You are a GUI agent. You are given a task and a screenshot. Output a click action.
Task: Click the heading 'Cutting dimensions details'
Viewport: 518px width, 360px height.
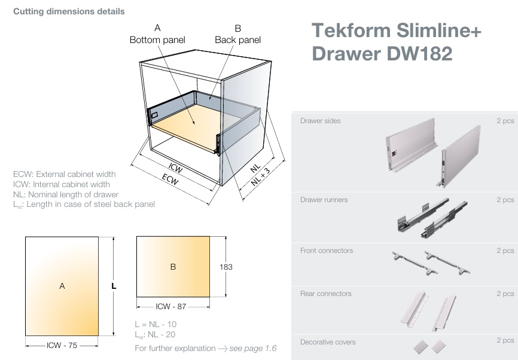pyautogui.click(x=69, y=11)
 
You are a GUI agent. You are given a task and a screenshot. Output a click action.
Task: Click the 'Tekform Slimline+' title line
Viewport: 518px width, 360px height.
pyautogui.click(x=397, y=31)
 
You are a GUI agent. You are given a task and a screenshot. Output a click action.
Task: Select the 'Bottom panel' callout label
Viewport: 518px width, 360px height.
pyautogui.click(x=157, y=39)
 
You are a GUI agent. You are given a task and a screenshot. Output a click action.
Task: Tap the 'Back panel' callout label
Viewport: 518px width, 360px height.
pyautogui.click(x=237, y=39)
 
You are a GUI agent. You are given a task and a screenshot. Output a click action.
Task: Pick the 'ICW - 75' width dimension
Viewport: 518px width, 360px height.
pyautogui.click(x=62, y=345)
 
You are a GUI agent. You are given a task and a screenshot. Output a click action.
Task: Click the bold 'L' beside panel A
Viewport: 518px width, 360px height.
pyautogui.click(x=114, y=286)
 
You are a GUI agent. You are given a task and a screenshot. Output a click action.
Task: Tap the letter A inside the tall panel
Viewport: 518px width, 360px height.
pyautogui.click(x=62, y=286)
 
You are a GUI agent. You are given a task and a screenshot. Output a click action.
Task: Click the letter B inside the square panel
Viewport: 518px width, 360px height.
pyautogui.click(x=173, y=267)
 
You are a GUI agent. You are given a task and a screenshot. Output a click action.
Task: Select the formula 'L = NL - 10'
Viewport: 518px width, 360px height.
pyautogui.click(x=156, y=324)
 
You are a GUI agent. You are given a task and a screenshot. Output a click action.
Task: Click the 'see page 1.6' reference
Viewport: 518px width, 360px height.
pyautogui.click(x=254, y=347)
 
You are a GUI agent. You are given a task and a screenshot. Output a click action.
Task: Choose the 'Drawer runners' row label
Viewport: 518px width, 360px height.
pyautogui.click(x=324, y=200)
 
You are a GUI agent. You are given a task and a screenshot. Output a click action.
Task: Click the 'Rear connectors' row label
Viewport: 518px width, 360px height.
pyautogui.click(x=325, y=294)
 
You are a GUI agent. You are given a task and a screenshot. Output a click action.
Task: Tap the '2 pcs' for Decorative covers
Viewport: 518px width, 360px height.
pyautogui.click(x=505, y=340)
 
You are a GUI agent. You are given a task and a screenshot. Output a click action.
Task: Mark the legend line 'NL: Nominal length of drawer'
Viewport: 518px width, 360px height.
pyautogui.click(x=66, y=194)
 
